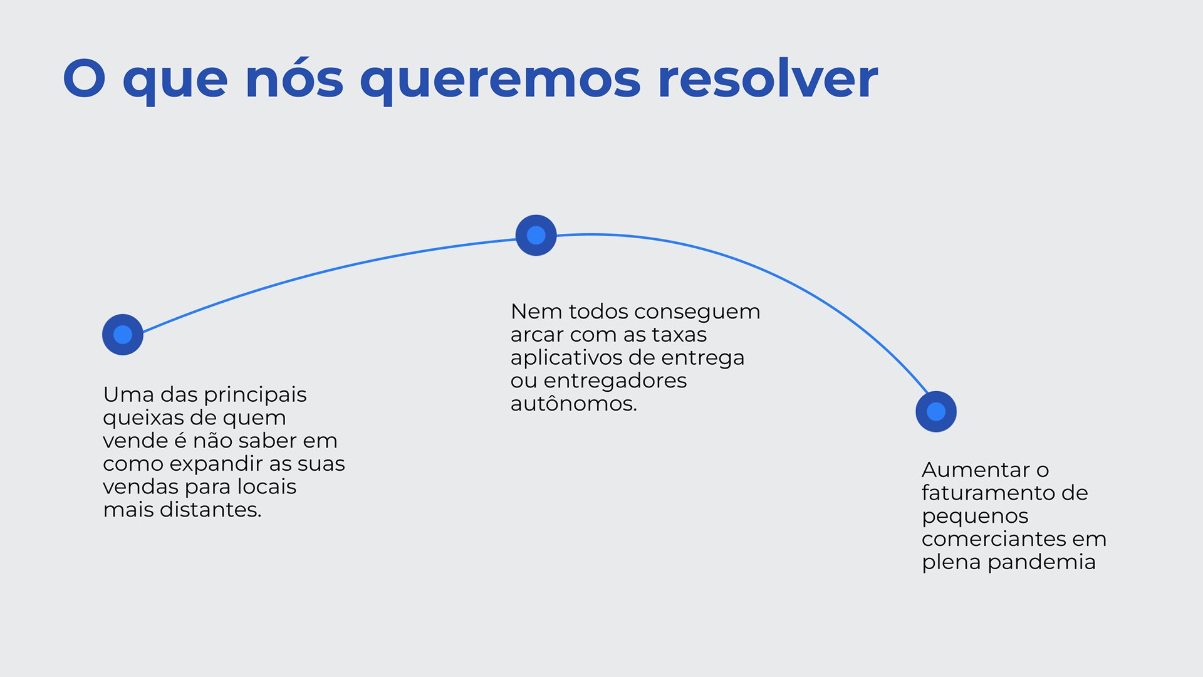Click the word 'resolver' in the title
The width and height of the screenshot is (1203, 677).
click(x=768, y=80)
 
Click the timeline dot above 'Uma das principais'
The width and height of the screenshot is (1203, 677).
click(x=123, y=335)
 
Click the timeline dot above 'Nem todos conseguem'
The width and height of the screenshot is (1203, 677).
click(x=536, y=235)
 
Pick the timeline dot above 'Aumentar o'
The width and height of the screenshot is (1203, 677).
click(x=936, y=412)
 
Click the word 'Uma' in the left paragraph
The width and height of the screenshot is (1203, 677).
click(x=128, y=394)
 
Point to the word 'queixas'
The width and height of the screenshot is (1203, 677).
click(x=142, y=418)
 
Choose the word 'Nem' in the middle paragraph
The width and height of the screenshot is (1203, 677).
click(x=536, y=312)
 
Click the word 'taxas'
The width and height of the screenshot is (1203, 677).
click(x=679, y=335)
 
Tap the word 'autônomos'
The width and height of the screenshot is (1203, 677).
click(x=571, y=404)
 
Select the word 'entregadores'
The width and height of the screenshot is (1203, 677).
click(x=615, y=380)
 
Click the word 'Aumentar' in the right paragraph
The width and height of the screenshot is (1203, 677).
click(x=976, y=470)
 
